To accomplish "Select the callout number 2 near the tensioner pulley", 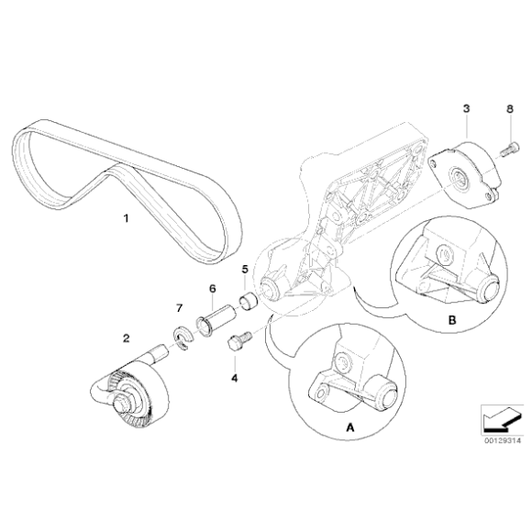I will click(x=126, y=338).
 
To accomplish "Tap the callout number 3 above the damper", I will click(x=466, y=109).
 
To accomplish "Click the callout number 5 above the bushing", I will click(x=245, y=269).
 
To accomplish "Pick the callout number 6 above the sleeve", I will click(x=213, y=288).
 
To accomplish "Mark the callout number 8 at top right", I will click(x=510, y=109).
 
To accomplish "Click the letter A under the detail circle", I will click(x=348, y=427).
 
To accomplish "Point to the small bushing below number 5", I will click(x=246, y=300).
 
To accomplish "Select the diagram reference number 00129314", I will click(x=499, y=439).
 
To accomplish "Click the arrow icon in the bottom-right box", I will click(x=499, y=417).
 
